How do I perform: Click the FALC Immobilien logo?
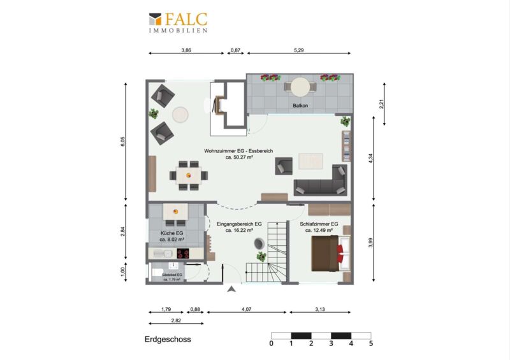click(178, 22)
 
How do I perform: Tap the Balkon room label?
click(300, 106)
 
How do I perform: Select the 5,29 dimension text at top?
click(298, 50)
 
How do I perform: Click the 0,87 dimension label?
click(235, 50)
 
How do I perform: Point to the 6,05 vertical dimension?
click(122, 141)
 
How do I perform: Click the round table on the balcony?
click(300, 87)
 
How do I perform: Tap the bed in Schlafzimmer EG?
click(331, 254)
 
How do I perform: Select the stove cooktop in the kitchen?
click(183, 254)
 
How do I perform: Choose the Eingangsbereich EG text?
click(239, 224)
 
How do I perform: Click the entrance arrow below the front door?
click(231, 289)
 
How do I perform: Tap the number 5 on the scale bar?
click(371, 343)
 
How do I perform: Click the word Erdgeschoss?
click(168, 340)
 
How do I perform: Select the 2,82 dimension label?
click(176, 320)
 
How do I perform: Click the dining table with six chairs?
click(189, 176)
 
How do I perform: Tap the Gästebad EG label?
click(172, 275)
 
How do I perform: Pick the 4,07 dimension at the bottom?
click(246, 309)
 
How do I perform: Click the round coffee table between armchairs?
click(180, 115)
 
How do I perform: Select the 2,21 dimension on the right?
click(382, 104)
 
